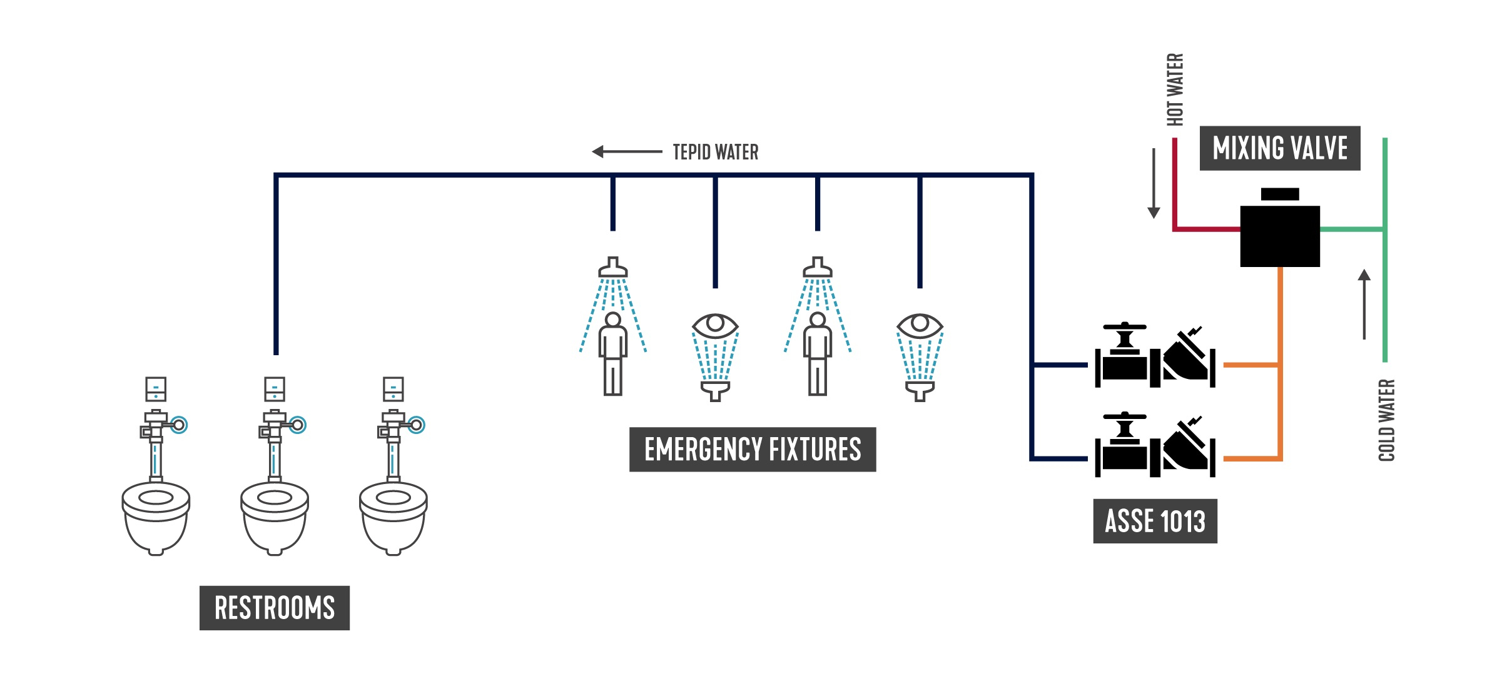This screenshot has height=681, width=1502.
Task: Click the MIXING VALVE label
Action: click(1279, 148)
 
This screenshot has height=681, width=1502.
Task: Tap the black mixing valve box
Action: click(1280, 236)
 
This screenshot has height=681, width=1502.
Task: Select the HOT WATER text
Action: click(1175, 89)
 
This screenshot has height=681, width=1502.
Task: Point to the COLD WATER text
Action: click(1386, 420)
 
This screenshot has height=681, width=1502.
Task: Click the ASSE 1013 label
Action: click(1155, 521)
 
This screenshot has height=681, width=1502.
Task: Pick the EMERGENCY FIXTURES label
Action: click(753, 450)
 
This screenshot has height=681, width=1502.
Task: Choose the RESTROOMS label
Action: click(275, 608)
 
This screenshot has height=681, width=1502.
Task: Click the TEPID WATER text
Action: click(715, 152)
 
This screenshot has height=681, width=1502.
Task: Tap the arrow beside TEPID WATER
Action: click(626, 151)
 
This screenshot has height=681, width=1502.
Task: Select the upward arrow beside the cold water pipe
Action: click(1364, 304)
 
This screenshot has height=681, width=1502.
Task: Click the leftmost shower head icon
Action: click(613, 267)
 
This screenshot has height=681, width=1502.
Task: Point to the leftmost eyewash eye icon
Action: click(715, 325)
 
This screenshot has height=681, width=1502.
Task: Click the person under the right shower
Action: click(818, 354)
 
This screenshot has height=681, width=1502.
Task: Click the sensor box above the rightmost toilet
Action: click(393, 389)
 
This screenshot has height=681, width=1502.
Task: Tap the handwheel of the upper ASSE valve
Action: click(1125, 327)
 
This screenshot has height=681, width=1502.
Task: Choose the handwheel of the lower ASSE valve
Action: click(1125, 416)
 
